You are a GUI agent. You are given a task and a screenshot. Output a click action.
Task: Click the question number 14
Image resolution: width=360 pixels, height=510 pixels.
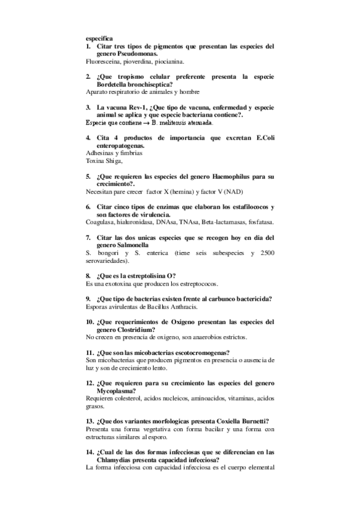[90, 452]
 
